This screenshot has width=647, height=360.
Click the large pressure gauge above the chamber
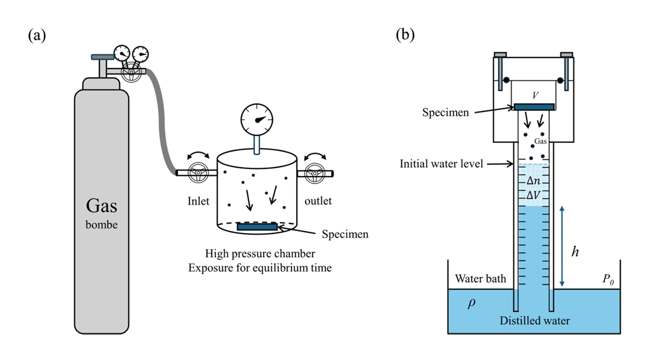click(257, 120)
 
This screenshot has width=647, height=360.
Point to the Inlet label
click(197, 201)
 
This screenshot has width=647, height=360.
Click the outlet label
click(317, 201)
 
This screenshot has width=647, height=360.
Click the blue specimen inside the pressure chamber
click(257, 226)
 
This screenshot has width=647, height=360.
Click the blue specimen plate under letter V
click(534, 106)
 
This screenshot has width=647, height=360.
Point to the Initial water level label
click(441, 164)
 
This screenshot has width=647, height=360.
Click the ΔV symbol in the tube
click(533, 195)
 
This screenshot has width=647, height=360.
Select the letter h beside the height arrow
click(575, 253)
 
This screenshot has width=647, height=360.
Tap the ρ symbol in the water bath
click(471, 303)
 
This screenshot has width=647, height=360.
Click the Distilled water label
click(534, 321)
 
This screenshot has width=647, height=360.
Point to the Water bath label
click(480, 279)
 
